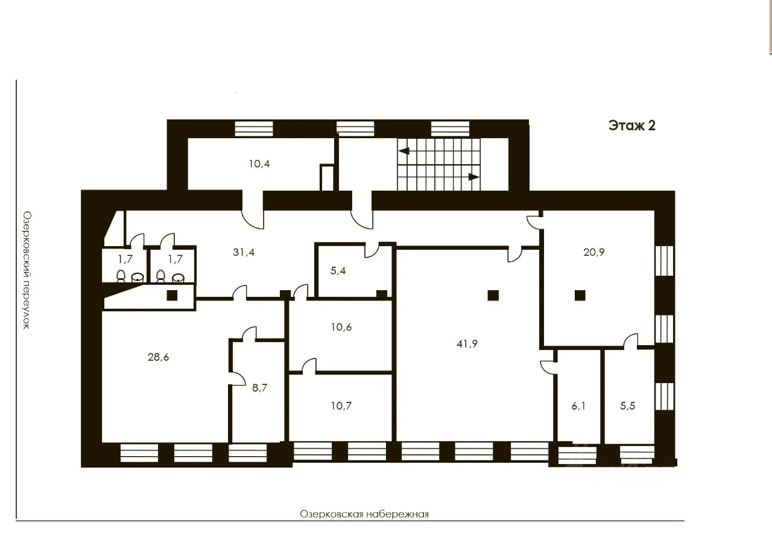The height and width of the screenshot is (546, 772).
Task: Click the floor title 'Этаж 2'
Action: pyautogui.click(x=631, y=125)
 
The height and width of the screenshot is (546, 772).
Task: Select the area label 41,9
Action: pyautogui.click(x=467, y=344)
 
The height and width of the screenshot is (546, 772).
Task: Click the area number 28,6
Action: pyautogui.click(x=158, y=357)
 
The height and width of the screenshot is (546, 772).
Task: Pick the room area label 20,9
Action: pyautogui.click(x=594, y=252)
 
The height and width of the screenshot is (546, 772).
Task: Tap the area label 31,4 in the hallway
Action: pyautogui.click(x=244, y=252)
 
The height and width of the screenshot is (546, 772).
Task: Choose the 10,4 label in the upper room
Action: pyautogui.click(x=259, y=163)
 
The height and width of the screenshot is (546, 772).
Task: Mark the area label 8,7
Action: pyautogui.click(x=259, y=388)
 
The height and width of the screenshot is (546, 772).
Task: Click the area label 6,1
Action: pyautogui.click(x=578, y=406)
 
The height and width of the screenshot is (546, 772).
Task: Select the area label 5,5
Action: pyautogui.click(x=628, y=405)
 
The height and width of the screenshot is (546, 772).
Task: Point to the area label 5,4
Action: pyautogui.click(x=338, y=271)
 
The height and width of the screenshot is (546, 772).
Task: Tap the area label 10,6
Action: pyautogui.click(x=341, y=327)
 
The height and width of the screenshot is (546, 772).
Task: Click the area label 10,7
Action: pyautogui.click(x=341, y=405)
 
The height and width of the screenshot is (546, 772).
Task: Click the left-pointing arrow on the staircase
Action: pyautogui.click(x=404, y=151)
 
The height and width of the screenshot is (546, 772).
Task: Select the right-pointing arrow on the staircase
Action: pyautogui.click(x=473, y=177)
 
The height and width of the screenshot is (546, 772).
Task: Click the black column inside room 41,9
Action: pyautogui.click(x=493, y=296)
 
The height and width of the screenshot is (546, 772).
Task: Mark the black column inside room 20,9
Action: pyautogui.click(x=580, y=296)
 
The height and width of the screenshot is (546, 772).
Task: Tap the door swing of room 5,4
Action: pyautogui.click(x=372, y=250)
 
